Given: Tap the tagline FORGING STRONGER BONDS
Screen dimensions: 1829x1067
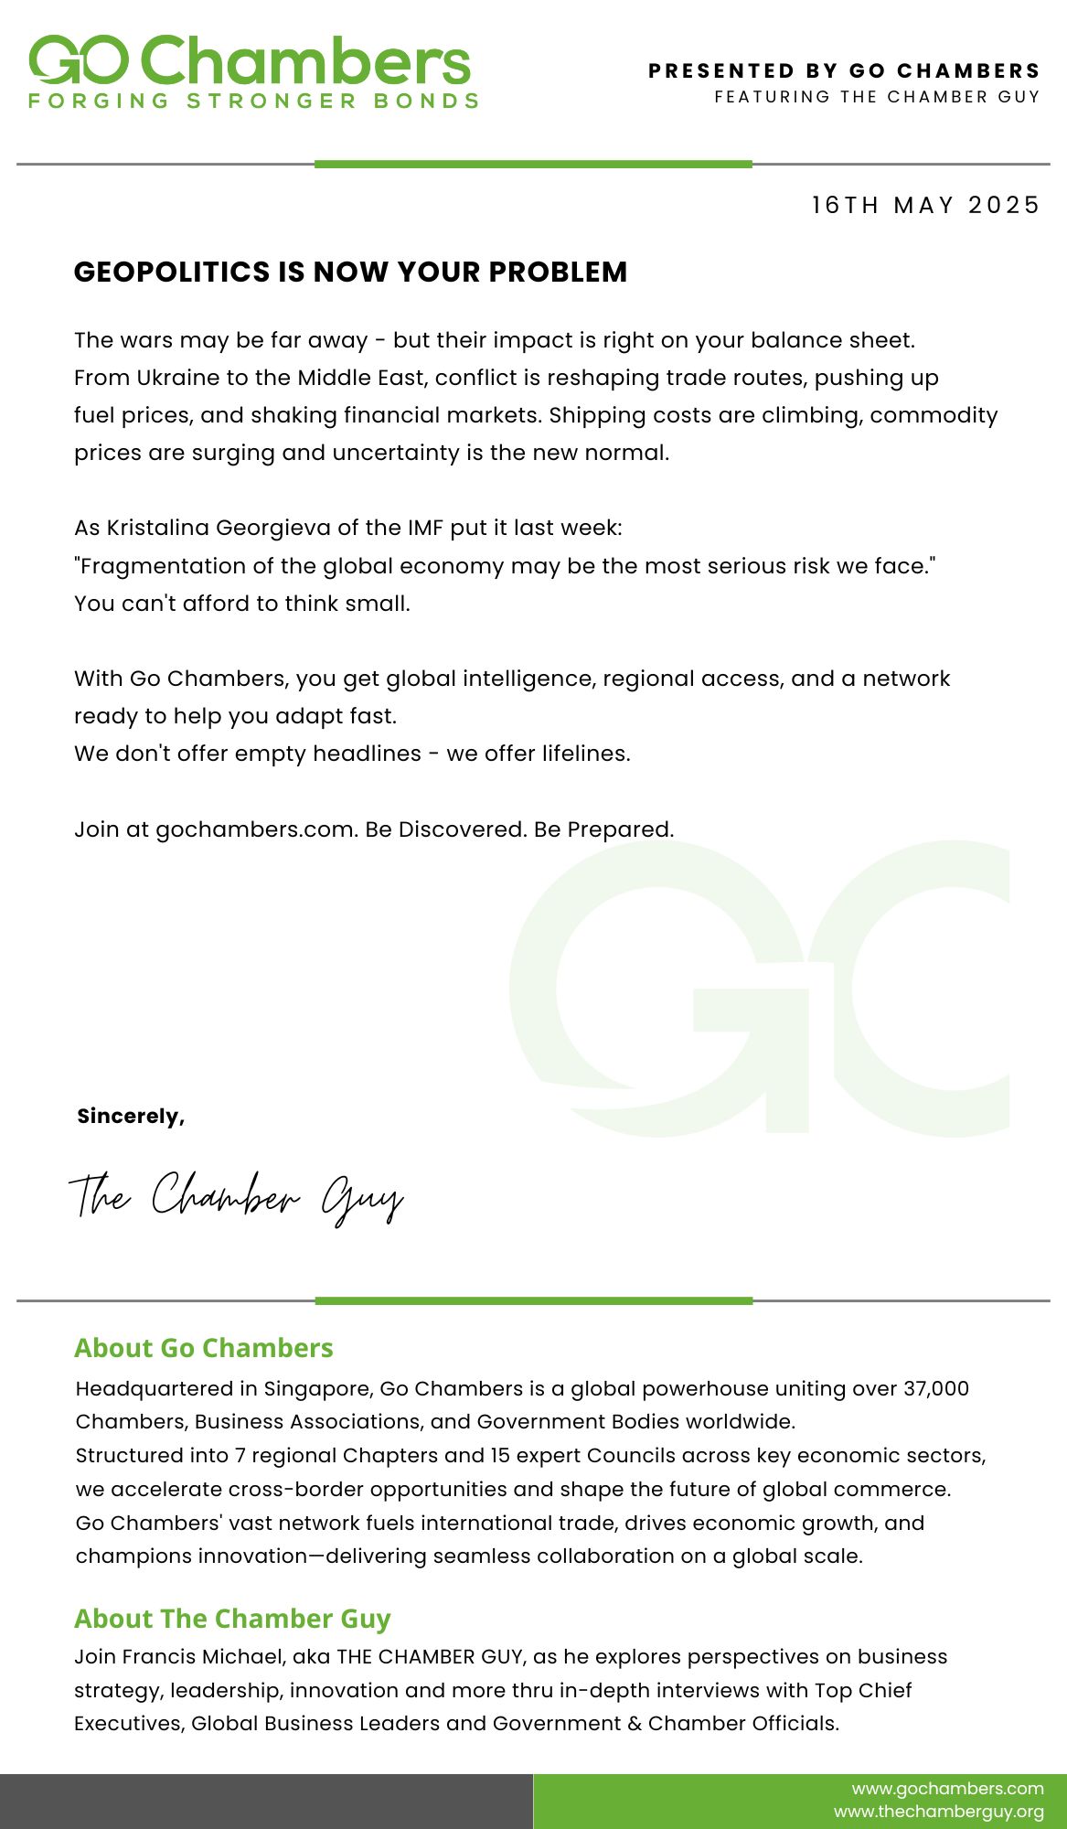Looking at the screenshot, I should coord(253,101).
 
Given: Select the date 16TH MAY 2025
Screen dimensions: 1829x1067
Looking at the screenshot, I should coord(925,205).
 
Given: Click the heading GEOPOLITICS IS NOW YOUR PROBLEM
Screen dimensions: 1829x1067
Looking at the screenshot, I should coord(350,272).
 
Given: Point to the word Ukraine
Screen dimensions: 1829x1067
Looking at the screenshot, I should coord(176,378).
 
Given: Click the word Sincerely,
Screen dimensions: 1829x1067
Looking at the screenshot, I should coord(131,1116).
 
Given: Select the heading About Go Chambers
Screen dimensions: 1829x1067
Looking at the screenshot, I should coord(204,1348).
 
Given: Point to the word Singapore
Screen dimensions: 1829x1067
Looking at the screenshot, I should coord(318,1388).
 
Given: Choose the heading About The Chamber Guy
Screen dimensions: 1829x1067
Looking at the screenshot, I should coord(232,1619).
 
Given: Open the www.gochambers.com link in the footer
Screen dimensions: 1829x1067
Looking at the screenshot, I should coord(947,1788).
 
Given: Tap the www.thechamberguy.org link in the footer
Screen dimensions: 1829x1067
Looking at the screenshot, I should coord(938,1812).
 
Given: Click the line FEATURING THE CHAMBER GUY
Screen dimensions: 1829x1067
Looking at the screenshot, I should coord(877,97).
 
